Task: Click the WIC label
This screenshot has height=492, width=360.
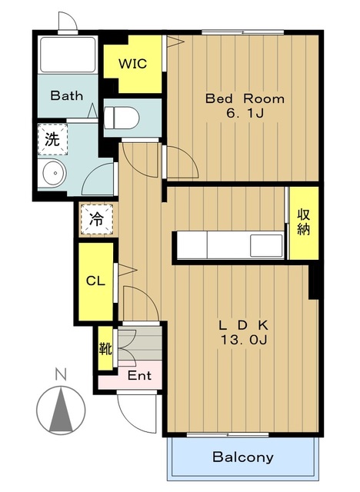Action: click(x=132, y=64)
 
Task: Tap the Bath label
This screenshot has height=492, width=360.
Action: click(x=67, y=95)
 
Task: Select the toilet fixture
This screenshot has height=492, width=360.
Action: click(x=122, y=118)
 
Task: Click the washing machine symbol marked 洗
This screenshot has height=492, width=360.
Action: click(x=53, y=139)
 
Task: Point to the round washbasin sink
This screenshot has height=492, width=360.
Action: click(x=55, y=173)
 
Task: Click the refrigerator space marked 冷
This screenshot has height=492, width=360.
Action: click(x=96, y=219)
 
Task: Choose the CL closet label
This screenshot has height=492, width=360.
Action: click(x=95, y=281)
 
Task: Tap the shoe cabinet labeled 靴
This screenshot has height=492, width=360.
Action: click(x=105, y=348)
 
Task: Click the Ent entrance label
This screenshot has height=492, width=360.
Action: click(x=139, y=375)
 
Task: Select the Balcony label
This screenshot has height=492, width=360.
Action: click(x=243, y=457)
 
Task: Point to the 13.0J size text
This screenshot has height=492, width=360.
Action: click(x=244, y=340)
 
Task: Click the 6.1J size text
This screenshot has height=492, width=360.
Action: click(x=245, y=113)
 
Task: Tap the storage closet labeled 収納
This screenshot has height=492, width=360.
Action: click(x=304, y=223)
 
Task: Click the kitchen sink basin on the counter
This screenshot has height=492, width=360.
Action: click(x=266, y=246)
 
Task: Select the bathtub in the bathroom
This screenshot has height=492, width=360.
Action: click(x=68, y=55)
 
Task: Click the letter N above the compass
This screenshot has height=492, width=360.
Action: click(x=61, y=374)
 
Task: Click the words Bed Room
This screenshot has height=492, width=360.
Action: click(x=245, y=98)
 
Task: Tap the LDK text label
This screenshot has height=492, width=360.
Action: click(x=244, y=326)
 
